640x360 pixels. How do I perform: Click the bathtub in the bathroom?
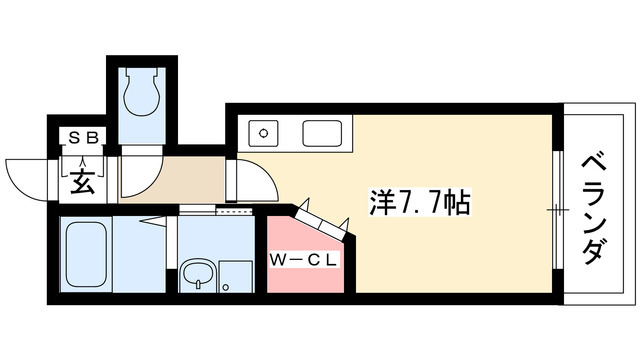(86, 256)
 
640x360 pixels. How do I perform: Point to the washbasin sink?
(197, 273)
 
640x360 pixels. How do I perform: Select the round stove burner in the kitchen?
(265, 132)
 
